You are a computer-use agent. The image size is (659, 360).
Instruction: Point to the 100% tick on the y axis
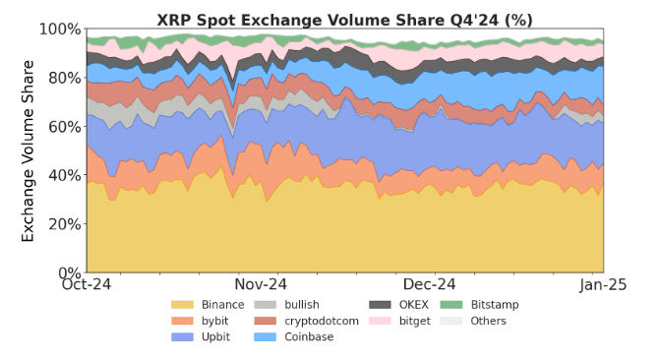point(60,30)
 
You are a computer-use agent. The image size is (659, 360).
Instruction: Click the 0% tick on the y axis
point(68,272)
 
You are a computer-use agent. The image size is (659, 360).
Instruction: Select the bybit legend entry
point(216,321)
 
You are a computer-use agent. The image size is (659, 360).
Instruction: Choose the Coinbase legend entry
point(309,337)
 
